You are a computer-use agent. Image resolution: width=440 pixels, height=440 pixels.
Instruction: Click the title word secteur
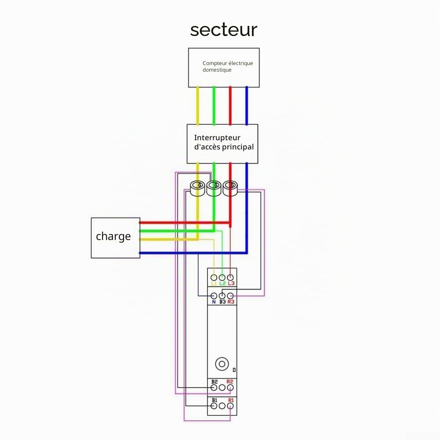point(224,30)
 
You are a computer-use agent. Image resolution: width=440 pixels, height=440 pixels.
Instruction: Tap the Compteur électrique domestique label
point(228,66)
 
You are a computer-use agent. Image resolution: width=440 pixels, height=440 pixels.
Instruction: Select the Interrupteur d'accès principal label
point(224,142)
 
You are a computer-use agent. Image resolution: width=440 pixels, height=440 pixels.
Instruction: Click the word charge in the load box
point(113,236)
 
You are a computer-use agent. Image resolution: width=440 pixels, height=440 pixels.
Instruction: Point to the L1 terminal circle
point(214,277)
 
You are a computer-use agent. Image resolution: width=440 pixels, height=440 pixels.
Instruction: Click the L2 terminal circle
point(222,277)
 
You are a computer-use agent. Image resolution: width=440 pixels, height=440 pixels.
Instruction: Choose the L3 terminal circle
point(230,277)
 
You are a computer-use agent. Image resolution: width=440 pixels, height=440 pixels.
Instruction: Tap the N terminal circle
point(214,296)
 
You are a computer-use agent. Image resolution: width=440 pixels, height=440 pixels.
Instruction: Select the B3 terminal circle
point(222,296)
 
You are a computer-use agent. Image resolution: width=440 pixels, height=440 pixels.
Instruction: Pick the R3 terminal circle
point(230,296)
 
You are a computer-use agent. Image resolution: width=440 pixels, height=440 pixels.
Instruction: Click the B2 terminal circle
point(214,388)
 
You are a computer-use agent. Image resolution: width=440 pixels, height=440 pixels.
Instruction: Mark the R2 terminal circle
point(230,388)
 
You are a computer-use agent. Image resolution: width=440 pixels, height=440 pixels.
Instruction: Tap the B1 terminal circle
point(214,406)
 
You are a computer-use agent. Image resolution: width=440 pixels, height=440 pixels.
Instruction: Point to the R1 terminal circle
point(230,406)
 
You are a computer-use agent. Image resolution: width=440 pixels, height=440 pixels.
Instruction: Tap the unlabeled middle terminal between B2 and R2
point(222,388)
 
